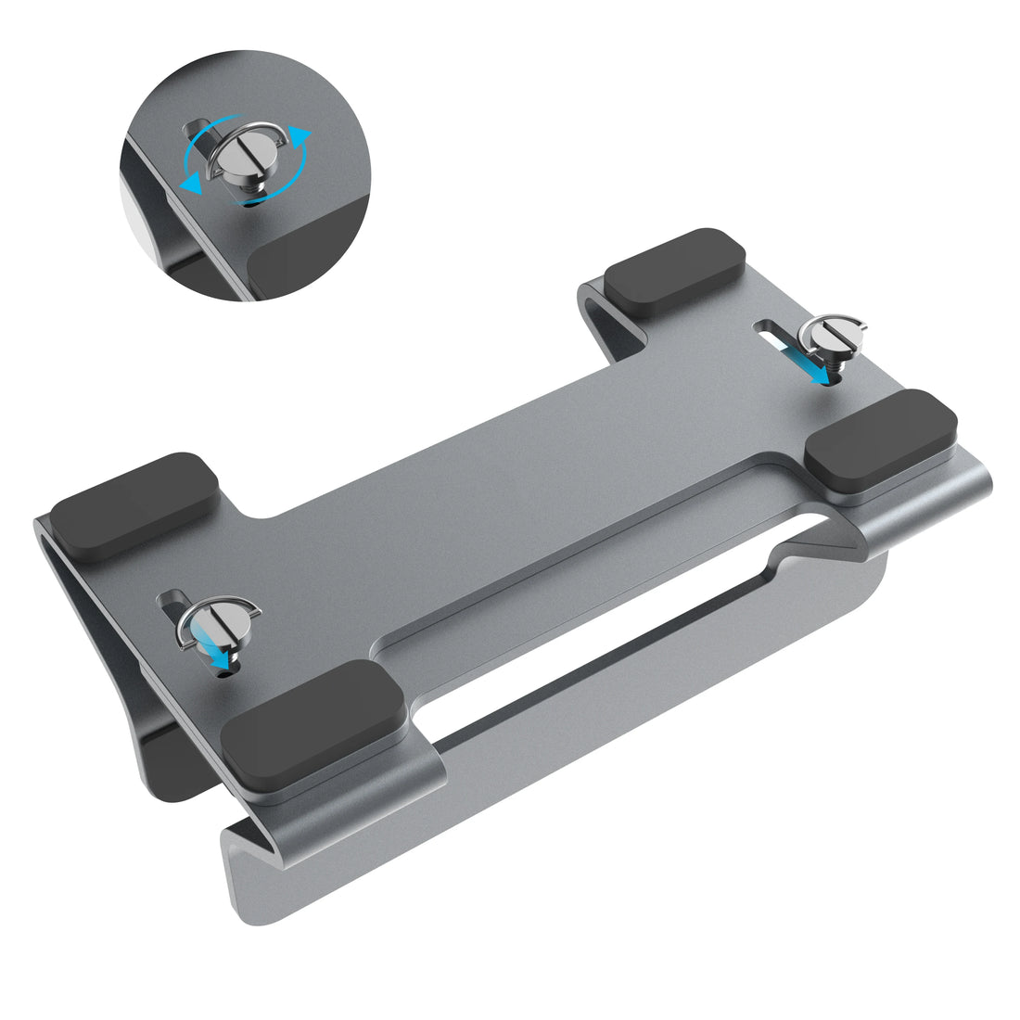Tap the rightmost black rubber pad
881,440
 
